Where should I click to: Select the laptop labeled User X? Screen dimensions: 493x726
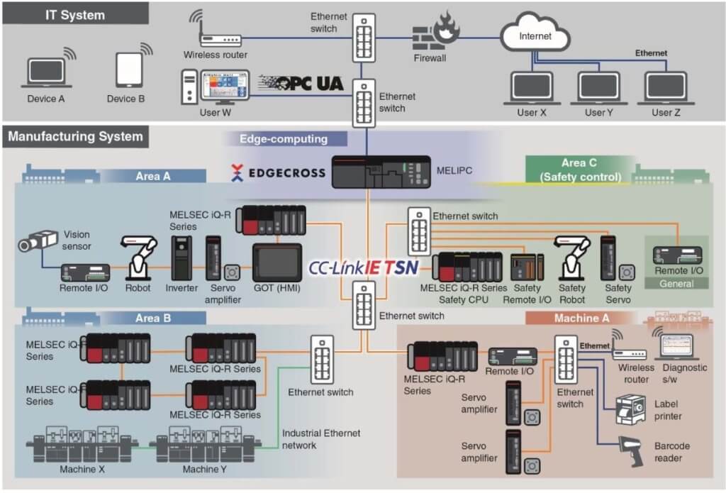click(x=532, y=87)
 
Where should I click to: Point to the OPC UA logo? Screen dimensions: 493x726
click(x=301, y=83)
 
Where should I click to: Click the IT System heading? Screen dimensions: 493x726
click(x=75, y=14)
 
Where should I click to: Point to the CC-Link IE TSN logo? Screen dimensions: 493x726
click(x=363, y=268)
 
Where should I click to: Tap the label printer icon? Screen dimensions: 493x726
click(x=627, y=409)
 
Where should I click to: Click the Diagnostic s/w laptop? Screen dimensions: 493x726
click(x=680, y=347)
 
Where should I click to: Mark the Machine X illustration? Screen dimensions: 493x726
click(x=83, y=444)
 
